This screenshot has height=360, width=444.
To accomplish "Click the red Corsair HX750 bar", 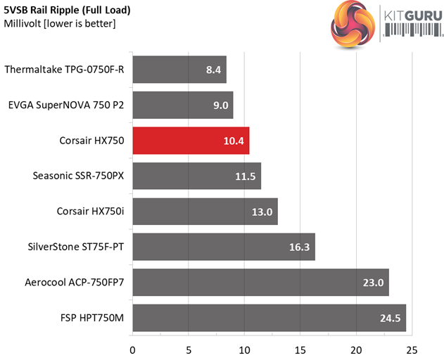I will tap(190, 141).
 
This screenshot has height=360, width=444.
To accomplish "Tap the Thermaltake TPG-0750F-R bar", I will tap(179, 70).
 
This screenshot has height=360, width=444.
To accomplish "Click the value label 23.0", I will tap(372, 283).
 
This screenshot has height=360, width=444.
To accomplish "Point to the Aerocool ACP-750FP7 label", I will tap(75, 283).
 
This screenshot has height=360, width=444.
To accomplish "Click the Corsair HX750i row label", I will tap(90, 212).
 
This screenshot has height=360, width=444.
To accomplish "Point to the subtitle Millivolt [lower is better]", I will tap(60, 24).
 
